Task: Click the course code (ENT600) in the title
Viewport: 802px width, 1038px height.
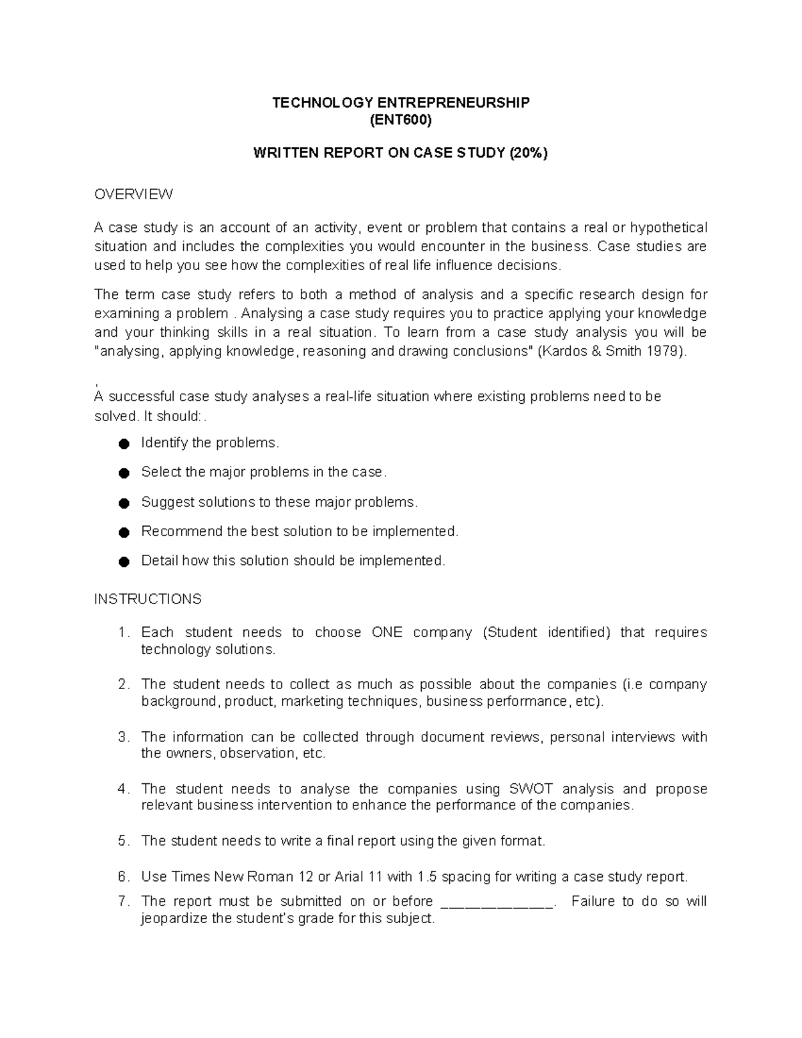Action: point(400,120)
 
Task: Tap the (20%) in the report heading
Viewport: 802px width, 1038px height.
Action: point(528,153)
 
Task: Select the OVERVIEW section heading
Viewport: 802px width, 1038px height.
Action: point(134,194)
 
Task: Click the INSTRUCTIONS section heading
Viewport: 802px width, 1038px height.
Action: point(148,599)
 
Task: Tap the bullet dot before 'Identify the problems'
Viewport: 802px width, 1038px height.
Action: point(123,444)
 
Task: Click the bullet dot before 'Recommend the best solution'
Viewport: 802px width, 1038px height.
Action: point(123,532)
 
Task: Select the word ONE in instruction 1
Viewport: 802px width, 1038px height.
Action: point(387,632)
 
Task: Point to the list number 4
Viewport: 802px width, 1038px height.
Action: point(122,789)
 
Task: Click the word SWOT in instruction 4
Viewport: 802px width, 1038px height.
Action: point(531,789)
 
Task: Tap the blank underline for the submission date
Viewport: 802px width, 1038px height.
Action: point(498,902)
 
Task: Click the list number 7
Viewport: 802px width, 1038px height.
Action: point(122,901)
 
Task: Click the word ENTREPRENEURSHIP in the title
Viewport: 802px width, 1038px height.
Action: point(453,102)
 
